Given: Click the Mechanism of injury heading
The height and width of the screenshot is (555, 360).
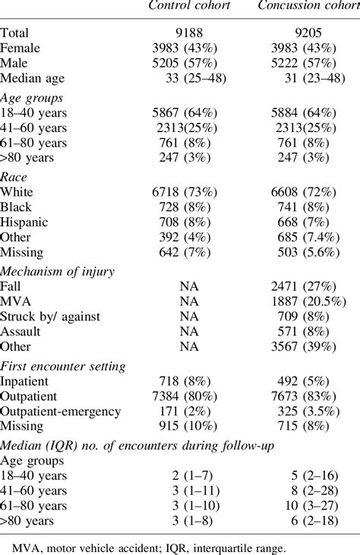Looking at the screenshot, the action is pos(58,271).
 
